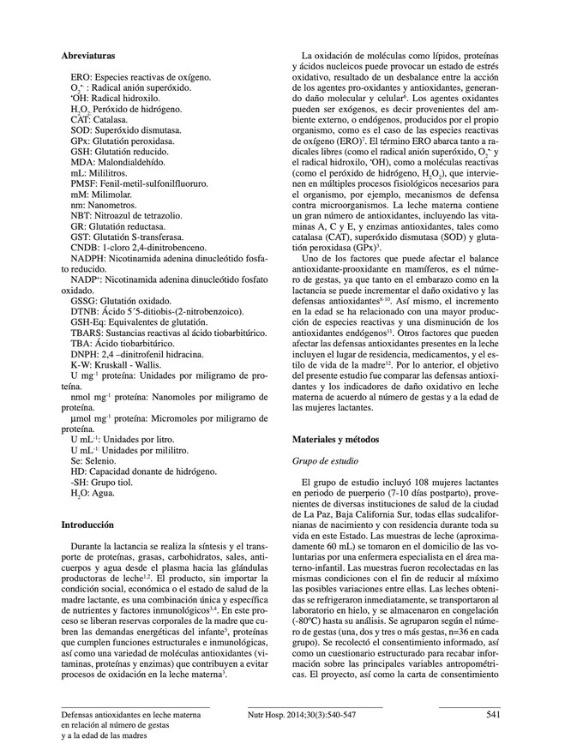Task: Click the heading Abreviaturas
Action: pos(90,55)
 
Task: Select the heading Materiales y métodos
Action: pos(335,440)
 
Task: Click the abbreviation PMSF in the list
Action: pos(84,183)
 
